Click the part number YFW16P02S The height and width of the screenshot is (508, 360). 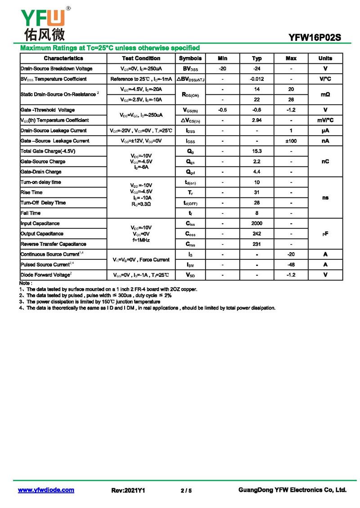point(315,38)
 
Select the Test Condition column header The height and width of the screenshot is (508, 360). point(141,58)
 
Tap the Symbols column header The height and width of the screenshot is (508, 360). point(190,58)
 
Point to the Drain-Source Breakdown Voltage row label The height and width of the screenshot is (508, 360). point(56,69)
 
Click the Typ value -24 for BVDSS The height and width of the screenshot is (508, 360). point(257,69)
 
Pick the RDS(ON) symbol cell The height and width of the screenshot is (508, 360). point(190,94)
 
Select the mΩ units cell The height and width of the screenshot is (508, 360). point(325,94)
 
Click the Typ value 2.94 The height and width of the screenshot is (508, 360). point(257,120)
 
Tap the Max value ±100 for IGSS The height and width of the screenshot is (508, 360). point(291,141)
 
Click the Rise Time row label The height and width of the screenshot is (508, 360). point(31,192)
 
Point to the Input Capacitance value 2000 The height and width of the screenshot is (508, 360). point(257,223)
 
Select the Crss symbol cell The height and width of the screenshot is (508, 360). point(190,244)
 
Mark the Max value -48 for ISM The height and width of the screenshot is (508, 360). point(291,265)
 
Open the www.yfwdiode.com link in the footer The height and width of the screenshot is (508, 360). point(46,490)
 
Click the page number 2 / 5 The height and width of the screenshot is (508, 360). point(186,490)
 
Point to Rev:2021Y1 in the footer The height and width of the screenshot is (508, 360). point(128,490)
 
